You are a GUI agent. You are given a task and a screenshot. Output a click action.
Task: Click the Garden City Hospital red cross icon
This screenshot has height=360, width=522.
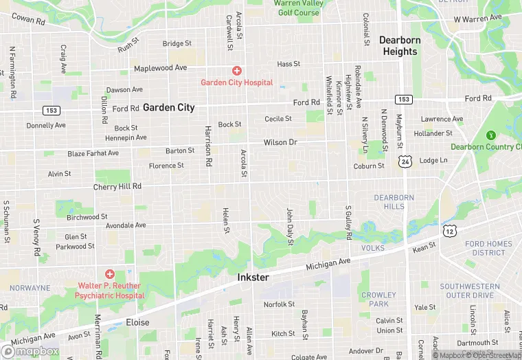pos(236,71)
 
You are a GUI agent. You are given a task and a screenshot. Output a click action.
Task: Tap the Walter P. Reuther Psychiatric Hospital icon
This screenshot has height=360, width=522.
pos(110,274)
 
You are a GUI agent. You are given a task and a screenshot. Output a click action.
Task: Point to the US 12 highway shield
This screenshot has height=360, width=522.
pos(449,232)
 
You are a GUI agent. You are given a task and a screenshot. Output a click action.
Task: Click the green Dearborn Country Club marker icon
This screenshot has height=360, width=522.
pos(491,135)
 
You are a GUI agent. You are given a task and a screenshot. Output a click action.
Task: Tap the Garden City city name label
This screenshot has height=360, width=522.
pos(169,108)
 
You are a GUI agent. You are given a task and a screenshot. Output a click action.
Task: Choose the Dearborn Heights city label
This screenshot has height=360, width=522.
pos(400,46)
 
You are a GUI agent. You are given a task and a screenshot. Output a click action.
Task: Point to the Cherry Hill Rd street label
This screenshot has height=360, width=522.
pos(117,186)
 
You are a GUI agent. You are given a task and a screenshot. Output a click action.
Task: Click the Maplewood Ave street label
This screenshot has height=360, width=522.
pos(160,69)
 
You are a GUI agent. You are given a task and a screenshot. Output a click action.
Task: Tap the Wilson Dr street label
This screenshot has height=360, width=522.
pos(280,142)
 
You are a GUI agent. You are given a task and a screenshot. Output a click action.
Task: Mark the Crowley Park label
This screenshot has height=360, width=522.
pos(378,300)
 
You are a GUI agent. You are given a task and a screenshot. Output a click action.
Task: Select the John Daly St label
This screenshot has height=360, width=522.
pos(290,227)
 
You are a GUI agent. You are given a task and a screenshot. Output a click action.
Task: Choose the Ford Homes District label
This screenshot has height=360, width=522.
pos(488,248)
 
